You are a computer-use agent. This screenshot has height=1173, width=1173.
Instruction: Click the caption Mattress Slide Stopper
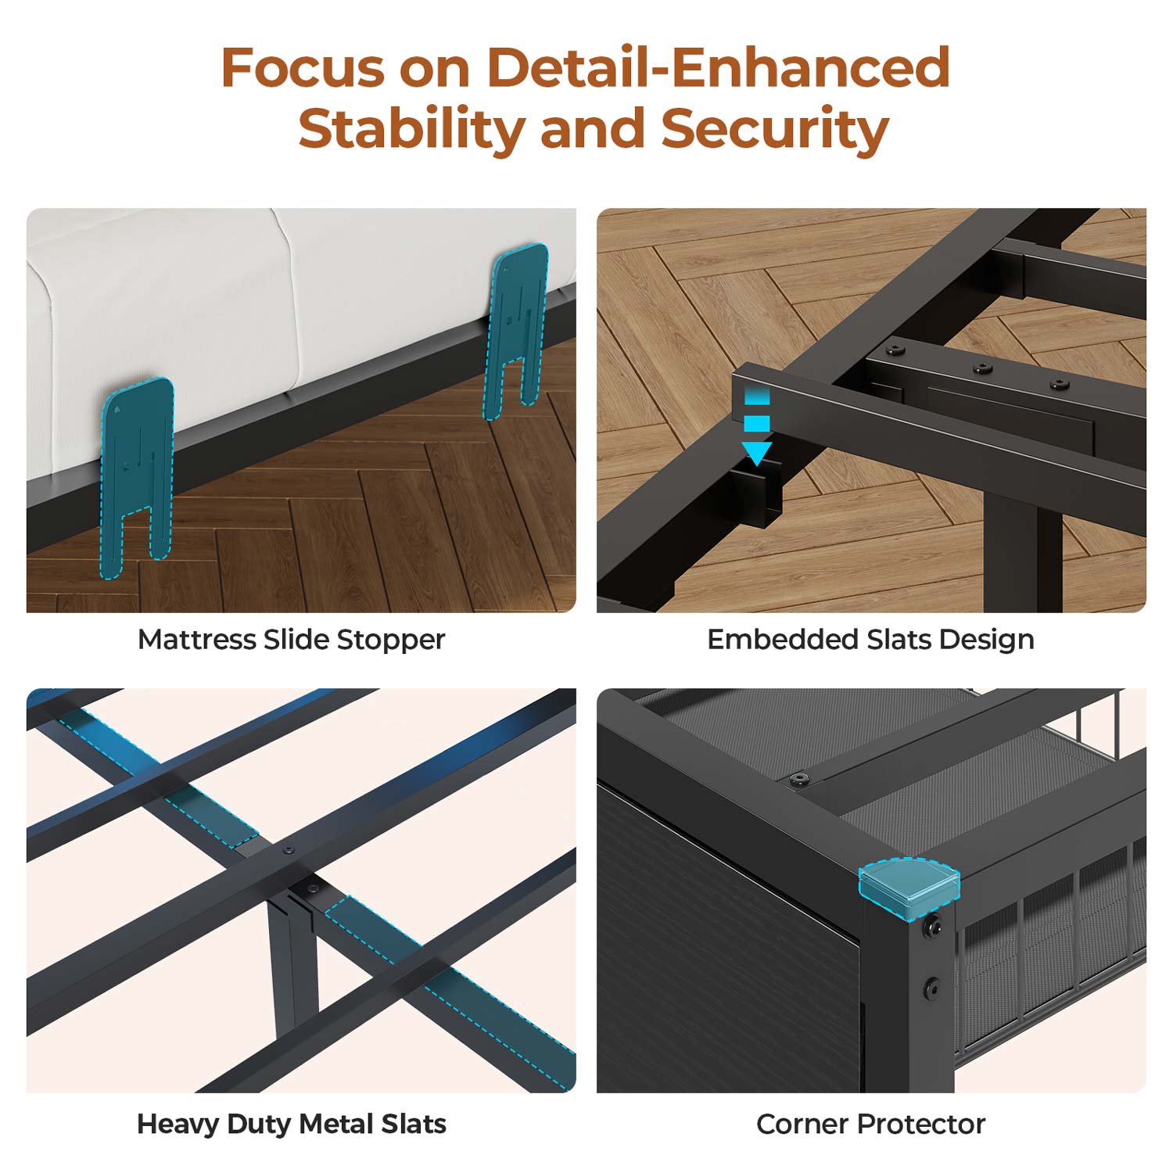coord(291,640)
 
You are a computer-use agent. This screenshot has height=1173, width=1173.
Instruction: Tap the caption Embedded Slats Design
coord(870,640)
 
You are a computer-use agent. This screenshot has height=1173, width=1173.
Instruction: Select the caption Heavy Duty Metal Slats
coord(291,1125)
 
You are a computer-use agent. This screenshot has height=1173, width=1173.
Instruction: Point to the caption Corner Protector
coord(870,1125)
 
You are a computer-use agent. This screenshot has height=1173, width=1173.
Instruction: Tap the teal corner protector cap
coord(909,888)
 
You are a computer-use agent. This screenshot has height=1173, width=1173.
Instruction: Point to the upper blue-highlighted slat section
coord(160,778)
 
